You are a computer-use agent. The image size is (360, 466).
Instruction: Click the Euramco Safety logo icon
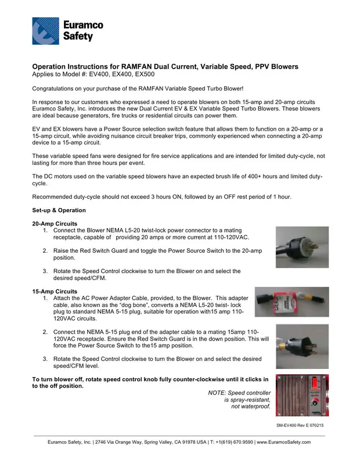coord(45,31)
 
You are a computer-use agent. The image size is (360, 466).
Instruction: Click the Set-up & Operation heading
coord(58,210)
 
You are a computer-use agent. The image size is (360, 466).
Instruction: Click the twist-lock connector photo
coord(301,246)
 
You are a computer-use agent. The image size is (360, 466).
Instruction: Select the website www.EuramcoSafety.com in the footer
coord(283,442)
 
